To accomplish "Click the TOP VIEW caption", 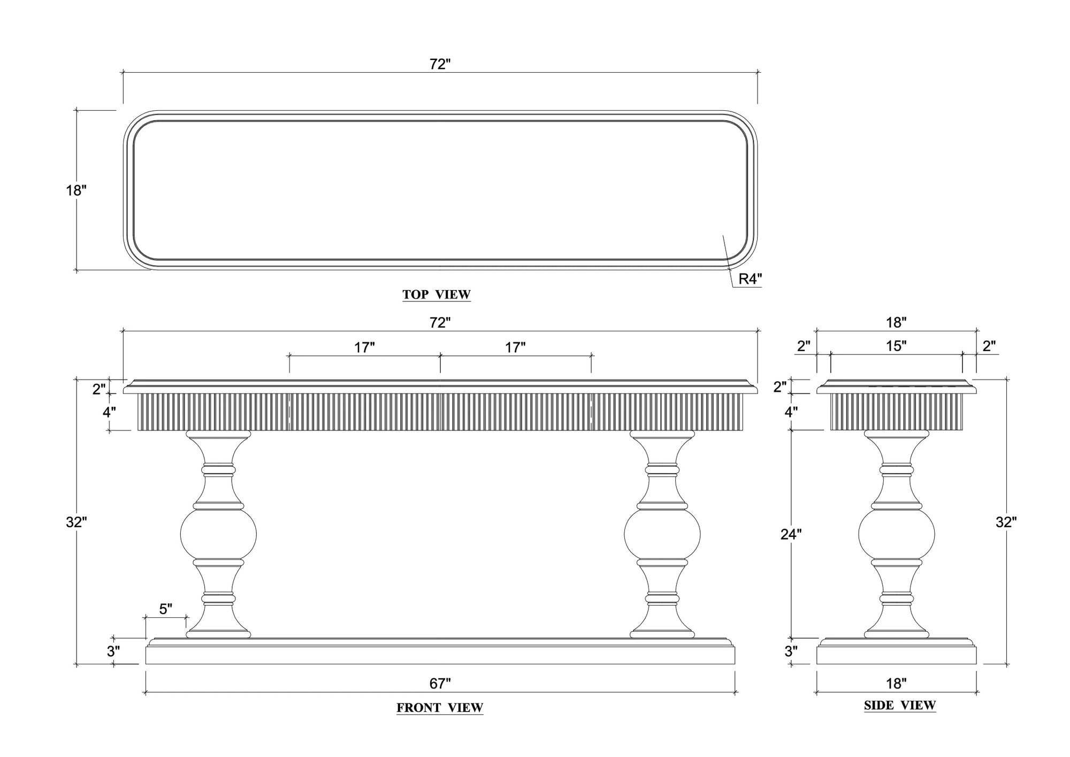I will click(x=436, y=294).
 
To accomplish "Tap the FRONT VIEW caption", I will click(x=439, y=708).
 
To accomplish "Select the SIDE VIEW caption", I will click(x=899, y=706).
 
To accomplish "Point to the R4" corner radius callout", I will click(x=750, y=279).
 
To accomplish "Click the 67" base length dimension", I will click(x=440, y=684).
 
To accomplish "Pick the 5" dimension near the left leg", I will click(x=165, y=609).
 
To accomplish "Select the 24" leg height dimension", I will click(x=791, y=534).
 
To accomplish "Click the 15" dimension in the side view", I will click(x=896, y=346).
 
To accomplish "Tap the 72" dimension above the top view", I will click(x=440, y=64).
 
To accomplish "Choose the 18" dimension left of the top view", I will click(x=76, y=191).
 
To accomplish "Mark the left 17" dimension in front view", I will click(x=364, y=348).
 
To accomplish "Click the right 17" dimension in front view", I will click(x=515, y=348).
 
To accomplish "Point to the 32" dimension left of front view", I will click(x=76, y=523).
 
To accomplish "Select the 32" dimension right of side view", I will click(x=1006, y=523).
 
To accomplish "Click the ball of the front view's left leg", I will click(x=218, y=534).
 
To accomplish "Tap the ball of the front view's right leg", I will click(x=662, y=534).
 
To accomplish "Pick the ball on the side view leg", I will click(x=896, y=534).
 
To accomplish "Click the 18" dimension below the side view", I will click(x=896, y=684).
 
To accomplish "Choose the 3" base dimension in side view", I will click(x=791, y=652).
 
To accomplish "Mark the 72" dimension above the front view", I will click(x=440, y=323).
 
